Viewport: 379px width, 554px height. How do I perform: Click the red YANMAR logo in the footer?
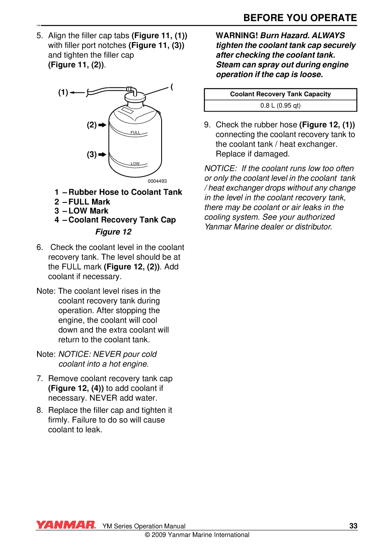pyautogui.click(x=66, y=525)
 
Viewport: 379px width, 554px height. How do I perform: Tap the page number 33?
pyautogui.click(x=353, y=526)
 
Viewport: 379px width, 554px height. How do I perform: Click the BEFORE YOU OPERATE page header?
pyautogui.click(x=300, y=18)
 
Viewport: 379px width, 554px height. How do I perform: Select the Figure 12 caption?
pyautogui.click(x=113, y=232)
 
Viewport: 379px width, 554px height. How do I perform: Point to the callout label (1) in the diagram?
pyautogui.click(x=63, y=92)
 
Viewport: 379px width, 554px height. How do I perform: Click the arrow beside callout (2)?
pyautogui.click(x=102, y=125)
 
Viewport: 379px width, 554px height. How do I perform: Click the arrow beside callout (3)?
pyautogui.click(x=102, y=155)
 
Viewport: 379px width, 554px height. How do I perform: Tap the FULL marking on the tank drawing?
pyautogui.click(x=135, y=132)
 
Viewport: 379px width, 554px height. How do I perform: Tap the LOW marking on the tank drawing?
pyautogui.click(x=135, y=164)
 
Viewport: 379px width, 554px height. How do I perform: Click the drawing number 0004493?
pyautogui.click(x=157, y=181)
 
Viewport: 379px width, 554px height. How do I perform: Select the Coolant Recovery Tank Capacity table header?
pyautogui.click(x=280, y=94)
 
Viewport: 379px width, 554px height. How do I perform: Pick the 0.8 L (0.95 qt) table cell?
pyautogui.click(x=280, y=105)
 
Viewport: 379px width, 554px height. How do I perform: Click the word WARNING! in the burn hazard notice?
pyautogui.click(x=237, y=36)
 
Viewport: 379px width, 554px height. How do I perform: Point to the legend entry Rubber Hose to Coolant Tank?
pyautogui.click(x=125, y=192)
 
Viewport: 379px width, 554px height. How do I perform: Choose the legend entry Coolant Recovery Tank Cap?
pyautogui.click(x=122, y=220)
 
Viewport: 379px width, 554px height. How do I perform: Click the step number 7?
pyautogui.click(x=40, y=379)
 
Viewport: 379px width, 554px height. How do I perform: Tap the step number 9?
pyautogui.click(x=207, y=125)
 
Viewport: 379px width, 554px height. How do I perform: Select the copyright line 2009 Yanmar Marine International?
pyautogui.click(x=197, y=535)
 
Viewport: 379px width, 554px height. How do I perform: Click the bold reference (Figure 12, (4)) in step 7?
pyautogui.click(x=76, y=388)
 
